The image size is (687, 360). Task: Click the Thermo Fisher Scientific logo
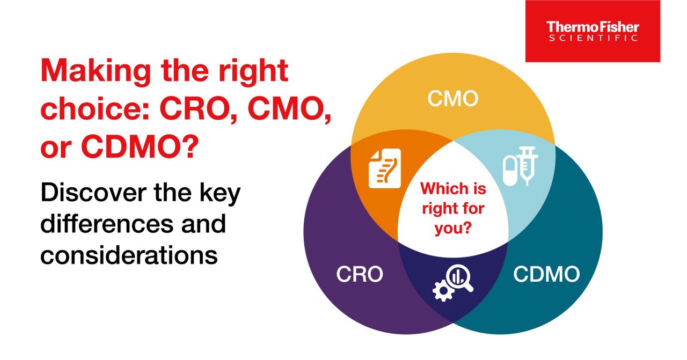tap(593, 31)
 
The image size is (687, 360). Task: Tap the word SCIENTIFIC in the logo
tap(593, 38)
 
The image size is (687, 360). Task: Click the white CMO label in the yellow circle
tap(452, 99)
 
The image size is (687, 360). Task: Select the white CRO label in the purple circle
tap(360, 274)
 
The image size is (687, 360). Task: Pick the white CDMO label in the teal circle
tap(546, 274)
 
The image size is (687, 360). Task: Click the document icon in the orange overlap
tap(385, 168)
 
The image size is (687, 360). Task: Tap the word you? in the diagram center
tap(452, 228)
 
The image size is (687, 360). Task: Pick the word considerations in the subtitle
tap(129, 255)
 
